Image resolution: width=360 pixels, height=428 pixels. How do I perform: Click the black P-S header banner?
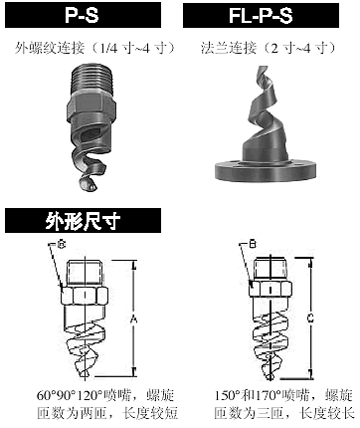tap(83, 15)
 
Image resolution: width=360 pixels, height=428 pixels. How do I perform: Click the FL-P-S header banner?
tap(261, 15)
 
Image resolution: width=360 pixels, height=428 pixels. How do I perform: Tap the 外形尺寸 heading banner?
tap(83, 221)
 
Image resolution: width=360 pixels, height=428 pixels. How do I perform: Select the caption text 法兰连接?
tap(229, 48)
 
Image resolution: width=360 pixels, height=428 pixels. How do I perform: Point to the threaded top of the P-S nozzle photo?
tap(93, 79)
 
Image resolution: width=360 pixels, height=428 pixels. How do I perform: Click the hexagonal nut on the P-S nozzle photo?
tap(91, 107)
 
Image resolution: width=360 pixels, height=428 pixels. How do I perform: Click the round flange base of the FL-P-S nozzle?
tap(266, 170)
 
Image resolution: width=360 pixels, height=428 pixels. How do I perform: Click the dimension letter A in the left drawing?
tap(133, 320)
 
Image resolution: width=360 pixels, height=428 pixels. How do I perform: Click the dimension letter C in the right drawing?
tap(310, 319)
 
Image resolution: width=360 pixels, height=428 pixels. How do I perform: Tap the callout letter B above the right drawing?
tap(253, 245)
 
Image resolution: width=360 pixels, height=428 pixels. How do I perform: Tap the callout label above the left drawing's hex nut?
tap(62, 245)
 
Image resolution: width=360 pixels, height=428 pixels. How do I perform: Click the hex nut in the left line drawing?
tap(85, 295)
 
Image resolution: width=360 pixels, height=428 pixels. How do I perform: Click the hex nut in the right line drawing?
tap(270, 288)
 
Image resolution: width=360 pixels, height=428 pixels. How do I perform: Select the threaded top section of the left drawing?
tap(86, 273)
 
